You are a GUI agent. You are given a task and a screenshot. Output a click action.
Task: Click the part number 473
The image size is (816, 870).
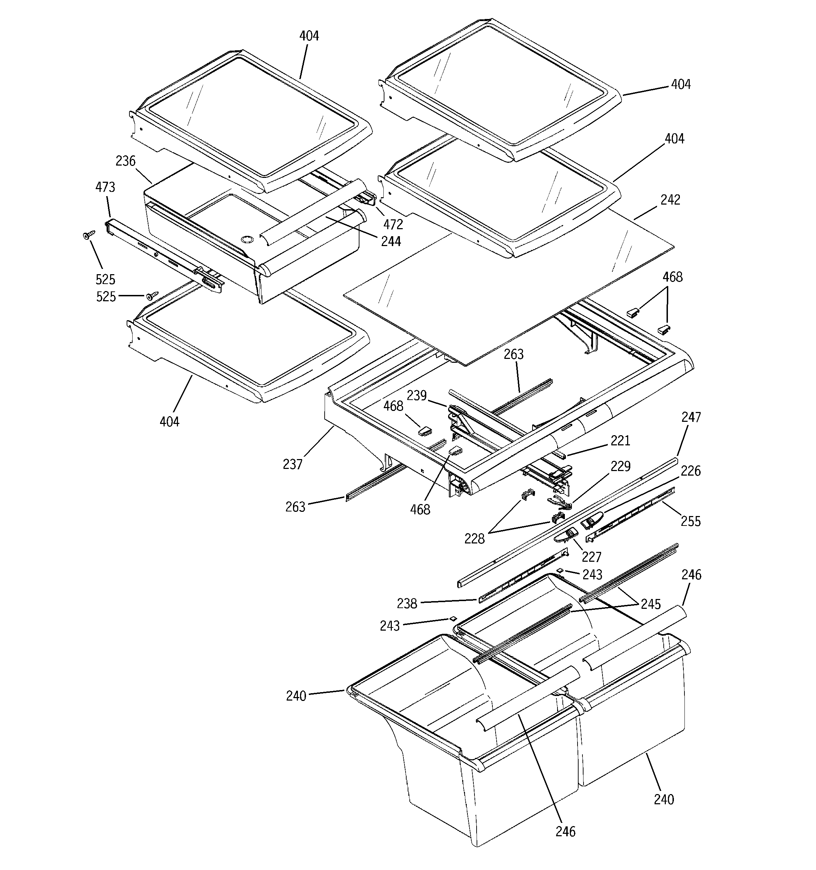[x=105, y=187]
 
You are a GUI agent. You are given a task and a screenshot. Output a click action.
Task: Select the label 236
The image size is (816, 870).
[x=125, y=161]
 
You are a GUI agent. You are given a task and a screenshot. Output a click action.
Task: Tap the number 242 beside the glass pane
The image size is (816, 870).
[x=670, y=200]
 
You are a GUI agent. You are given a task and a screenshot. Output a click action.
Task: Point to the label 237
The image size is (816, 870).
[x=293, y=464]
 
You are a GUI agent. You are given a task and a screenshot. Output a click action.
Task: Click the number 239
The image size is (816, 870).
[x=416, y=395]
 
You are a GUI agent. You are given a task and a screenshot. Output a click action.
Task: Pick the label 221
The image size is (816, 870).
[x=620, y=441]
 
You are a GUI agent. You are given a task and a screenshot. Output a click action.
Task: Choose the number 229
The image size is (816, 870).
[x=621, y=466]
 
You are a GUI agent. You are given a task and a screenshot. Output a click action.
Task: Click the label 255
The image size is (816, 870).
[x=691, y=521]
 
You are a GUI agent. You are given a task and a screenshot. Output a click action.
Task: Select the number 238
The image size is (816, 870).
[x=407, y=604]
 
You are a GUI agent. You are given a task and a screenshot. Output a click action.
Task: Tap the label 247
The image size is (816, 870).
[x=691, y=417]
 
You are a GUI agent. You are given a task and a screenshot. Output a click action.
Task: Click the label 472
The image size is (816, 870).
[x=393, y=225]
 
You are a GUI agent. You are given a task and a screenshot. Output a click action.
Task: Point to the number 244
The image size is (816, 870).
[x=391, y=241]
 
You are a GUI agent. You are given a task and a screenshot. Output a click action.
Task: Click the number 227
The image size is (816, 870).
[x=591, y=557]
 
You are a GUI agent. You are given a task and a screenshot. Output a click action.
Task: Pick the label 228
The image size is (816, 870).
[x=475, y=539]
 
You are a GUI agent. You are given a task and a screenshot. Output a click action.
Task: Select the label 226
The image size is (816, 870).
[x=691, y=471]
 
